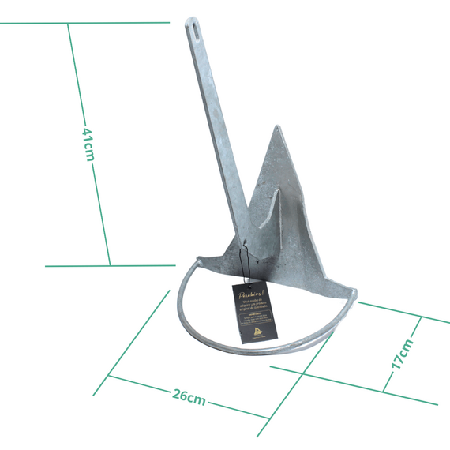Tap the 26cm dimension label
(189, 396)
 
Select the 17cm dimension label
(401, 354)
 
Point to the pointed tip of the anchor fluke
(276, 128)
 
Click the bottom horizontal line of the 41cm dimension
(111, 265)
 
